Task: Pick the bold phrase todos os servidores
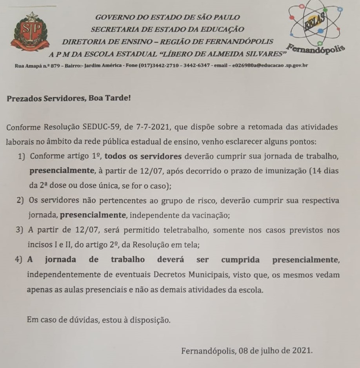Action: [x=144, y=156]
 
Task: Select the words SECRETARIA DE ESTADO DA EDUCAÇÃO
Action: [x=167, y=29]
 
